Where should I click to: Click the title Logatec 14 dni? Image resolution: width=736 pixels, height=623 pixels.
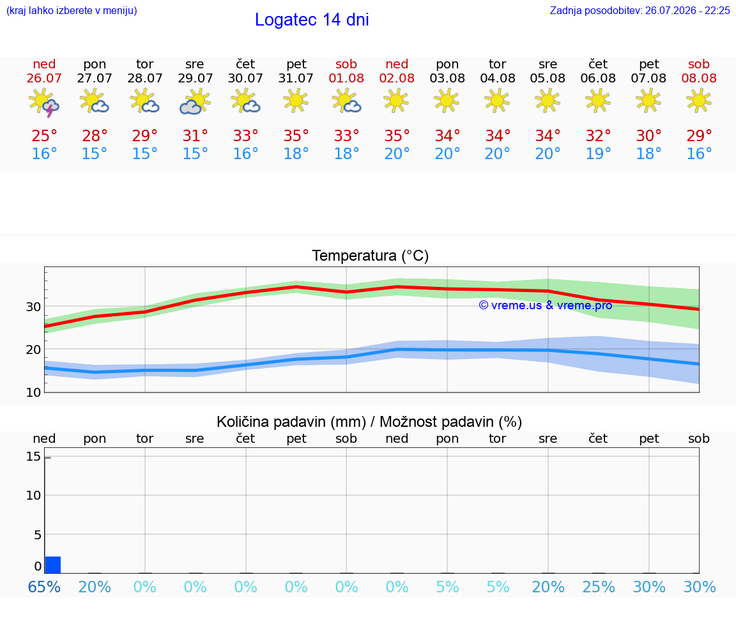point(312,20)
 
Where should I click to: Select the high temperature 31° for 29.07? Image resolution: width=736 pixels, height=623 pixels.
point(195,135)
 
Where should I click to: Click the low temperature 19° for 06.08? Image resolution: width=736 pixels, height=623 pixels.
point(598,153)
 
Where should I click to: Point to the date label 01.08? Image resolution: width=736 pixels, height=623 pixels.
point(346,79)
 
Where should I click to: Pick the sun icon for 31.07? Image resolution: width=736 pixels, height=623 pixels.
point(296,100)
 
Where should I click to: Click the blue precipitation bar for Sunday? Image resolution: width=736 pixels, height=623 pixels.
point(52,565)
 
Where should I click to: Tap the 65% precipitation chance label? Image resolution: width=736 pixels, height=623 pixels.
point(44,587)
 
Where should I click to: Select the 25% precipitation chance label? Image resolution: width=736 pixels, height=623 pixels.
point(599,587)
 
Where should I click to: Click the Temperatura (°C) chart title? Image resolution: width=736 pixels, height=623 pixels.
point(371,256)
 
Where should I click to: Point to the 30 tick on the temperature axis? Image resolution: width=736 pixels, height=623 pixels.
point(33,307)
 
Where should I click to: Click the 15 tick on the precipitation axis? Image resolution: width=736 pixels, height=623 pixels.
point(33,456)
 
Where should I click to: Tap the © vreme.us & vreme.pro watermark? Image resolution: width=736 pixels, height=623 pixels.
point(546,305)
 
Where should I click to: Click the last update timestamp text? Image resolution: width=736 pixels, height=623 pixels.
point(640,10)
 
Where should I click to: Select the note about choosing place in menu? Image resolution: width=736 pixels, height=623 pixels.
point(72,10)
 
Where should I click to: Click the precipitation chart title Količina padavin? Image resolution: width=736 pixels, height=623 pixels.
point(369,422)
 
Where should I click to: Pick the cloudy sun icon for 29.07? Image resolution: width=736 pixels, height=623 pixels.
point(195,102)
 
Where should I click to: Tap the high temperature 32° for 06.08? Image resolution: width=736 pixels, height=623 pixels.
point(598,135)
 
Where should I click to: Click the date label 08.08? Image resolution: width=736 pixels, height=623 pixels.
point(699,79)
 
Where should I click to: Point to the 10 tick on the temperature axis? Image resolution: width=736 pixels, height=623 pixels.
point(33,392)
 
